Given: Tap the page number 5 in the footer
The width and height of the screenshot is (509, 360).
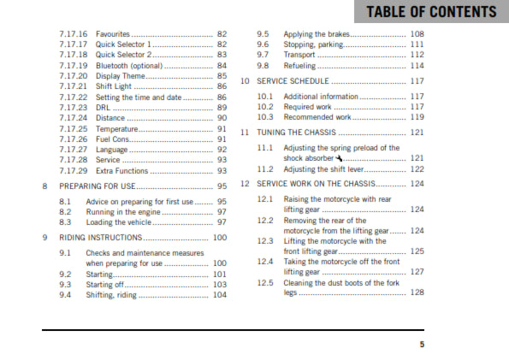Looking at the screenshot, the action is (421, 345).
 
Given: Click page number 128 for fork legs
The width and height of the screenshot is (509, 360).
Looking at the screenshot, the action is (417, 292).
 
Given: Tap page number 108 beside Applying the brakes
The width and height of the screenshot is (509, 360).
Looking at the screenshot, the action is (417, 33).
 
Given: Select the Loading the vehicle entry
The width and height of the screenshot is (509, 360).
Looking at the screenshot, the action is (121, 221).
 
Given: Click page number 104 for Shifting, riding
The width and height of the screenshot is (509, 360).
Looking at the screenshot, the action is (220, 294).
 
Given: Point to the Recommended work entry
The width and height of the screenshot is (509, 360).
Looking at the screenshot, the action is (317, 117).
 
